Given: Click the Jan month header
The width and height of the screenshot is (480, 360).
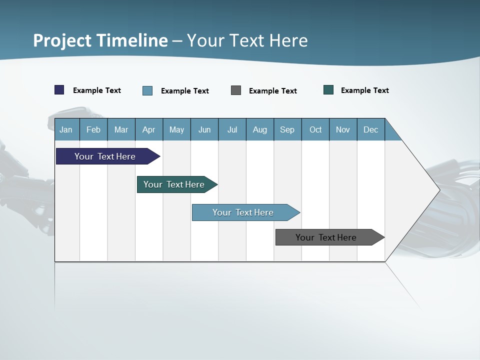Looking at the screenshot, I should point(66,129).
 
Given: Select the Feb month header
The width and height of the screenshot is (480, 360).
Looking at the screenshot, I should point(93,129).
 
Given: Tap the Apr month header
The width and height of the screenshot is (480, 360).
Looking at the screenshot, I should point(149,129).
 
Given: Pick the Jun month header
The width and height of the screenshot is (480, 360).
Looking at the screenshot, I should point(204,129).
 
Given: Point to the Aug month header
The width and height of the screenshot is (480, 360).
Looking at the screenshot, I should point(260,129).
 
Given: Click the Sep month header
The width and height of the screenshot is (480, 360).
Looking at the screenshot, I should point(287,129).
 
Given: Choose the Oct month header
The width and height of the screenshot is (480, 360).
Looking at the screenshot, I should point(315,129).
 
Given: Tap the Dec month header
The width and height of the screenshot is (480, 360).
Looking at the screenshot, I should point(371,129).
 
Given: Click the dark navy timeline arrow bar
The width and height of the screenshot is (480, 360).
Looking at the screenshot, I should point(105,156).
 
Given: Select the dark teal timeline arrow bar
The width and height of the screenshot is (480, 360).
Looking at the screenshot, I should point(174,184).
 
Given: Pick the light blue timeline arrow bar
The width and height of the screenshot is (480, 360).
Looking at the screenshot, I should point(243,212).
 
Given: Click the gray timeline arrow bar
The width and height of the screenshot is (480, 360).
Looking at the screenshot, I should point(326,237).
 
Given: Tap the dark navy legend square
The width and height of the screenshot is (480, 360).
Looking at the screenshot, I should point(59,90).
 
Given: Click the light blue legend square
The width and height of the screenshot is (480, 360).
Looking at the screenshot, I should point(147,90).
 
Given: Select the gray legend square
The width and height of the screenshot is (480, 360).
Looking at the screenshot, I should point(236,90).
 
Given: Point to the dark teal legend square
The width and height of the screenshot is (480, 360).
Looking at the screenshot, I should point(328,90).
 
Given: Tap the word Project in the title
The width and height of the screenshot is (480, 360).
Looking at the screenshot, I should point(62,40).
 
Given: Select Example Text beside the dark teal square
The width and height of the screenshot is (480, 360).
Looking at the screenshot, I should point(364,90).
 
